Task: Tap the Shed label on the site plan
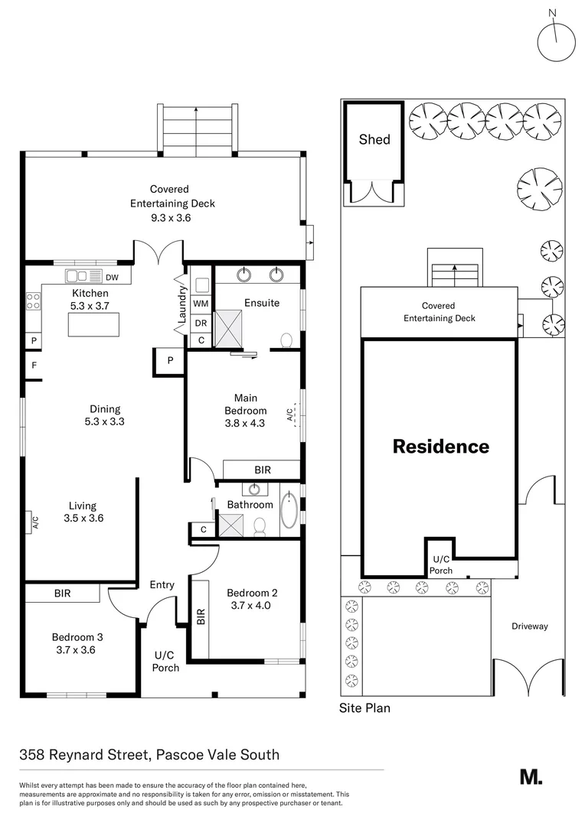point(374,139)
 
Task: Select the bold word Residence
point(440,447)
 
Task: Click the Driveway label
point(530,626)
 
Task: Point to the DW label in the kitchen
point(112,277)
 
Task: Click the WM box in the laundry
point(200,304)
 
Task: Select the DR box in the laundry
point(200,322)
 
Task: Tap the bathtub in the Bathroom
point(289,511)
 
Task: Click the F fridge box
point(34,366)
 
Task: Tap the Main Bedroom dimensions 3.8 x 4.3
point(245,422)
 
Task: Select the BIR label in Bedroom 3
point(63,593)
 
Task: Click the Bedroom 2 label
point(252,592)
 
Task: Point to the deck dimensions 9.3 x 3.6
point(169,218)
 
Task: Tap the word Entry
point(162,585)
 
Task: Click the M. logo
point(531,776)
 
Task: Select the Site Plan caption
point(364,708)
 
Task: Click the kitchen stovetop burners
point(34,301)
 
